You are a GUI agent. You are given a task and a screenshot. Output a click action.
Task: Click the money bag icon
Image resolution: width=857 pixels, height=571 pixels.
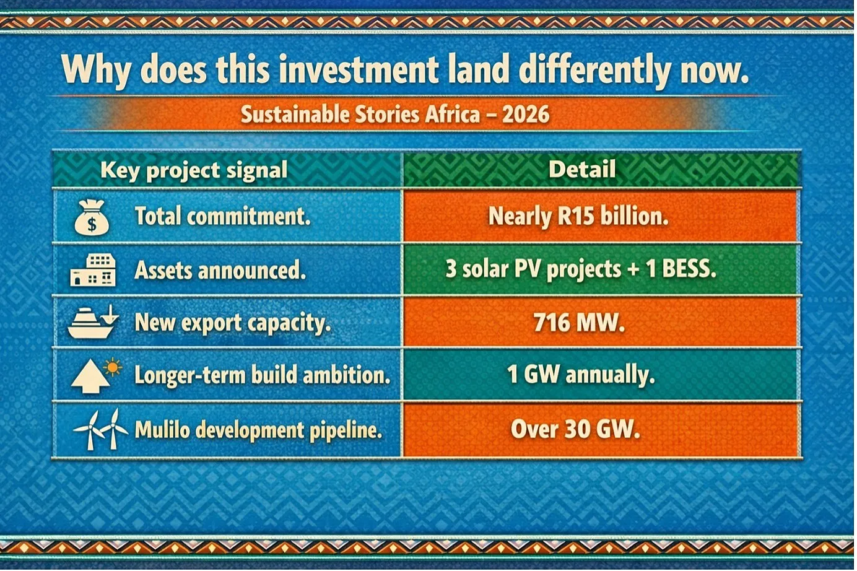click(x=92, y=217)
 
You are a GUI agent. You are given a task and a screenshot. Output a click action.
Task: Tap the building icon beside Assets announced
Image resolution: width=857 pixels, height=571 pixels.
click(x=93, y=270)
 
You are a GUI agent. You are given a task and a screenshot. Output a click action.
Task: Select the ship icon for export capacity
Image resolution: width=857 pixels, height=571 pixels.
click(x=93, y=322)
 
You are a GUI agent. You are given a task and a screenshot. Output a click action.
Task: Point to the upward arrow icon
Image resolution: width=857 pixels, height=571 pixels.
click(x=90, y=377)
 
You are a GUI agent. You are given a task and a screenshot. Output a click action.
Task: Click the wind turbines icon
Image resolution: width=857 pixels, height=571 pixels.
click(x=101, y=429)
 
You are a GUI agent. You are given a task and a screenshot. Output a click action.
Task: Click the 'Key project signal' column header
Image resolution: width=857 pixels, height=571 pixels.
click(x=194, y=170)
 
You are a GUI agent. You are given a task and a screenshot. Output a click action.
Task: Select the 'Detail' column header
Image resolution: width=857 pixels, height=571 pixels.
click(x=582, y=169)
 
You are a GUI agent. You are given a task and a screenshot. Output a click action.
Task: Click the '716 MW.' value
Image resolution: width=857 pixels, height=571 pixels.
click(x=579, y=322)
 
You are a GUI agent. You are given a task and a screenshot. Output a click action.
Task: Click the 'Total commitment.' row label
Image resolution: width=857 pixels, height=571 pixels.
click(x=223, y=216)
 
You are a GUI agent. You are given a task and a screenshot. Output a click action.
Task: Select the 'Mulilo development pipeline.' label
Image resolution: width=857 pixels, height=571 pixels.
click(x=259, y=430)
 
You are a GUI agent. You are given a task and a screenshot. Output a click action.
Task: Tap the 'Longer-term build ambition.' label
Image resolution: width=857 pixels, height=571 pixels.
click(x=263, y=375)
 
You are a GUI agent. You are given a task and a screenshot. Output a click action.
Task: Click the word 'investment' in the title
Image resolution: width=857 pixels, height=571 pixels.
click(x=359, y=69)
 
